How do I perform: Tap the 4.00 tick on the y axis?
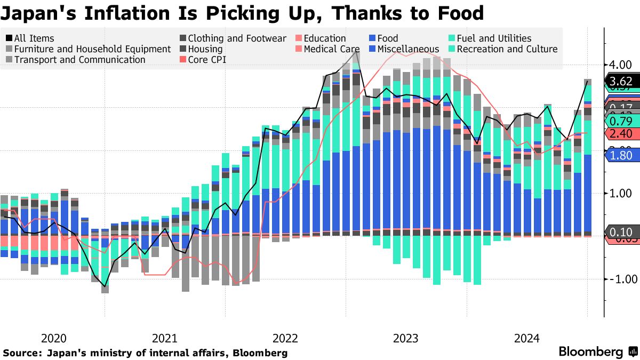[x=621, y=65]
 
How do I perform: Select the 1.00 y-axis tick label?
[x=621, y=193]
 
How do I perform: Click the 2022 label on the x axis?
[x=285, y=338]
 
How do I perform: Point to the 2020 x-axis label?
[x=53, y=338]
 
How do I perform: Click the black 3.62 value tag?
[x=621, y=82]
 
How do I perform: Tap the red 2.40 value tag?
[x=621, y=133]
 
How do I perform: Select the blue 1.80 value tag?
[x=621, y=155]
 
